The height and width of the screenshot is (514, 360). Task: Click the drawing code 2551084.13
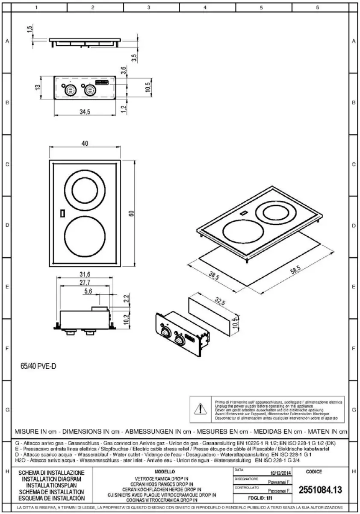point(321,490)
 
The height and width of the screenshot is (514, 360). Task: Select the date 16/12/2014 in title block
point(281,473)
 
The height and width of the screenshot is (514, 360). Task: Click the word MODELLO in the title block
point(162,471)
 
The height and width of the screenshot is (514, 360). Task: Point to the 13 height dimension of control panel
point(38,87)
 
